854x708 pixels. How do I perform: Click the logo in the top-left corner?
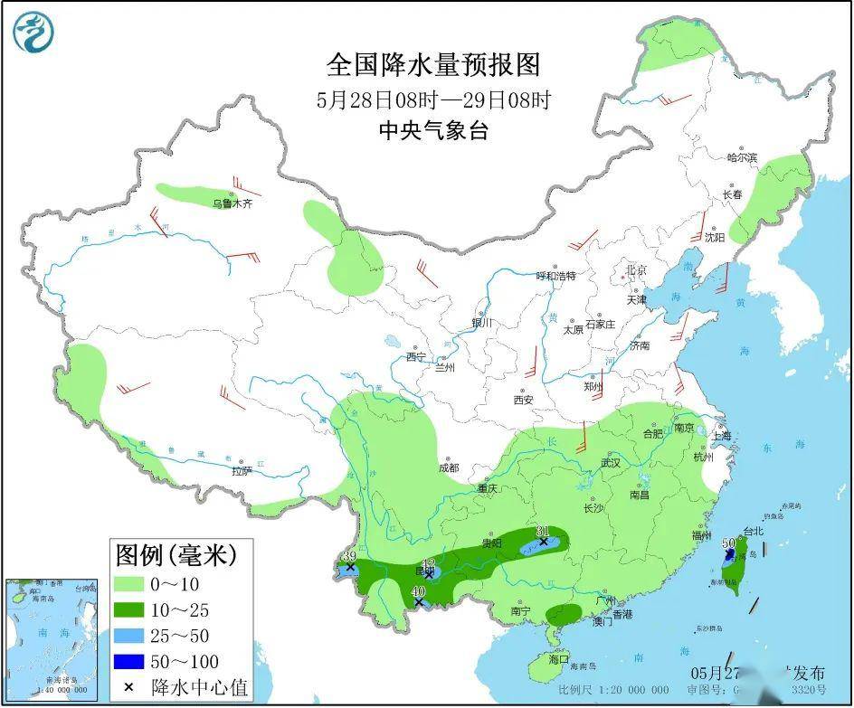pyautogui.click(x=33, y=32)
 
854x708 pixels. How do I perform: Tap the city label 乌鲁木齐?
pyautogui.click(x=232, y=204)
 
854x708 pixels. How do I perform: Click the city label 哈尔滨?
pyautogui.click(x=742, y=157)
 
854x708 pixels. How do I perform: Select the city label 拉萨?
pyautogui.click(x=241, y=471)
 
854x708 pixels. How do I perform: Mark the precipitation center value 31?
pyautogui.click(x=543, y=531)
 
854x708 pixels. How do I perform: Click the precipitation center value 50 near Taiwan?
pyautogui.click(x=728, y=543)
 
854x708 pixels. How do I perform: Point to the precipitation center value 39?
pyautogui.click(x=349, y=555)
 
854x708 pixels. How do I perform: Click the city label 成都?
pyautogui.click(x=449, y=467)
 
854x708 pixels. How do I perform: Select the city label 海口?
pyautogui.click(x=559, y=659)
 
